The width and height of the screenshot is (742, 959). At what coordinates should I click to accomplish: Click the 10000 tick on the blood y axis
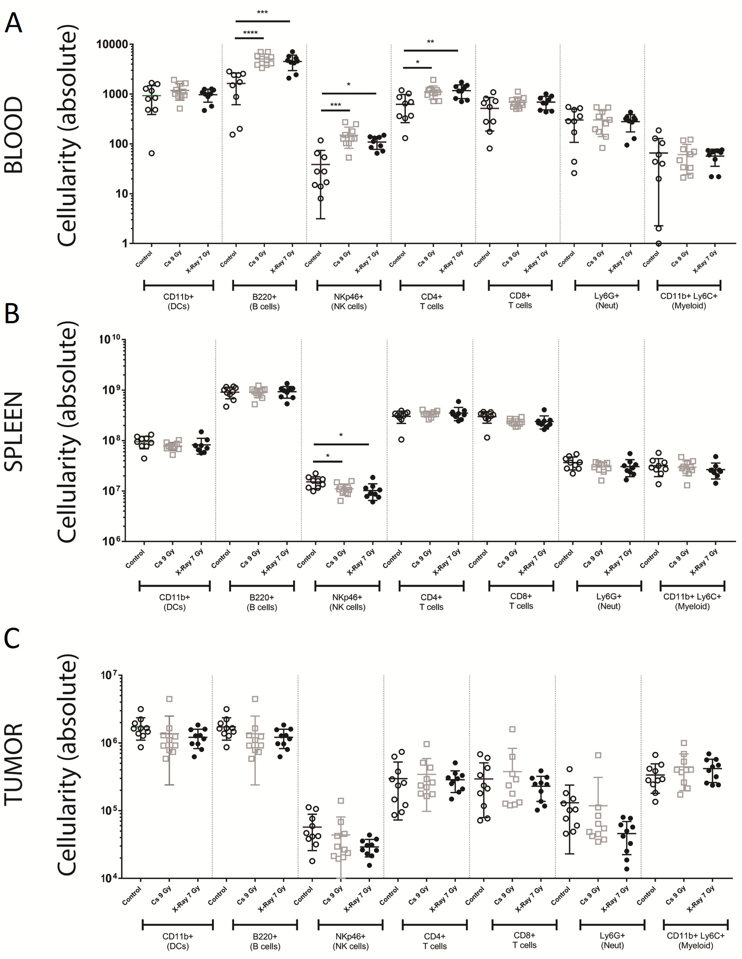tap(112, 45)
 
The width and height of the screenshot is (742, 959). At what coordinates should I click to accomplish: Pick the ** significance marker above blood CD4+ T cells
tap(430, 42)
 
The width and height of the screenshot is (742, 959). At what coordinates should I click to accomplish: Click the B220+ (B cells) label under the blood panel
tap(265, 302)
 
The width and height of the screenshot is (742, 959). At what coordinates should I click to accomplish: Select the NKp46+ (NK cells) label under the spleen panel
tap(347, 602)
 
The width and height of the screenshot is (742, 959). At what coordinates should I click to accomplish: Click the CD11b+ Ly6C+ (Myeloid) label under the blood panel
tap(689, 301)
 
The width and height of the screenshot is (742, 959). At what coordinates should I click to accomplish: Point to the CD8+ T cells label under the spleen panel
tap(521, 601)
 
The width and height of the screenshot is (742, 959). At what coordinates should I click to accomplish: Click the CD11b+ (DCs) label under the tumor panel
tap(178, 941)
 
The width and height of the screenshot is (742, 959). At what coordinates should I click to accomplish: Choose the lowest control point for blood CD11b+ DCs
tap(151, 154)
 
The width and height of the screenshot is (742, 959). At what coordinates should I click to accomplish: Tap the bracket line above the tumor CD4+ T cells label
tap(434, 925)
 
